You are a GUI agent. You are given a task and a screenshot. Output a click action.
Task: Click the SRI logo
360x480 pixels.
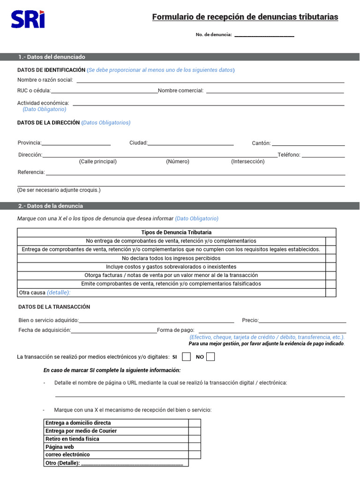click(x=28, y=20)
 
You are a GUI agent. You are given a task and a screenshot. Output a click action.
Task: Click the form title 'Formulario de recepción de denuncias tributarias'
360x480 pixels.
click(x=245, y=17)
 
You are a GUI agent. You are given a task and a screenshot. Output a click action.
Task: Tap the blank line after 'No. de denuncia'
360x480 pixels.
click(x=264, y=35)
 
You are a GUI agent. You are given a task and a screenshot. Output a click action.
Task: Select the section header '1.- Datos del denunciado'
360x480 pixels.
click(x=52, y=57)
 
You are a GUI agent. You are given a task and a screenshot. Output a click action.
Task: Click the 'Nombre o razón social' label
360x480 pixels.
click(x=45, y=80)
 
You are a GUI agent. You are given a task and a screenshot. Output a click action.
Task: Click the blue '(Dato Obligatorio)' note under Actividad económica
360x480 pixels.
click(x=45, y=109)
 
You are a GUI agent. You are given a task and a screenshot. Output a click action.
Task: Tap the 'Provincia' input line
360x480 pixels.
click(x=76, y=144)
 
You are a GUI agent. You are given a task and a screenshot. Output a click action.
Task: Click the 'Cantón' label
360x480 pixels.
click(x=261, y=143)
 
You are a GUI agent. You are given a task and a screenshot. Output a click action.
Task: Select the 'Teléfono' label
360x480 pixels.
click(x=289, y=155)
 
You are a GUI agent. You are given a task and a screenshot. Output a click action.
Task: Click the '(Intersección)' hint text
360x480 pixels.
click(x=247, y=161)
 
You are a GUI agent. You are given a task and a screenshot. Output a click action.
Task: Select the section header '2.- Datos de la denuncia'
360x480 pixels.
click(x=51, y=206)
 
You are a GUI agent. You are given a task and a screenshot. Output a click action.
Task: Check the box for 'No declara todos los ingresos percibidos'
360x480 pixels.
click(x=331, y=258)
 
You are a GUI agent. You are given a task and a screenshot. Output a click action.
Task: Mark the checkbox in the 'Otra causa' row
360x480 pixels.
click(x=331, y=292)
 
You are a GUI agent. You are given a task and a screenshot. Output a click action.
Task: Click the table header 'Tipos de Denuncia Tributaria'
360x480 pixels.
click(x=176, y=232)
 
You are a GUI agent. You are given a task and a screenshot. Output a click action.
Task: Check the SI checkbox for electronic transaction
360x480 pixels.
click(x=186, y=357)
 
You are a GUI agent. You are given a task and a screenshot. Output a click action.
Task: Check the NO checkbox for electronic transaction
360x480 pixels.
click(x=210, y=357)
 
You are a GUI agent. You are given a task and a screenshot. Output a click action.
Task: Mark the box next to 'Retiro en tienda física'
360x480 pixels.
click(x=195, y=439)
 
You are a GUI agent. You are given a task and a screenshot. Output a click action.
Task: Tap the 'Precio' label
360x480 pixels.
click(x=250, y=320)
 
